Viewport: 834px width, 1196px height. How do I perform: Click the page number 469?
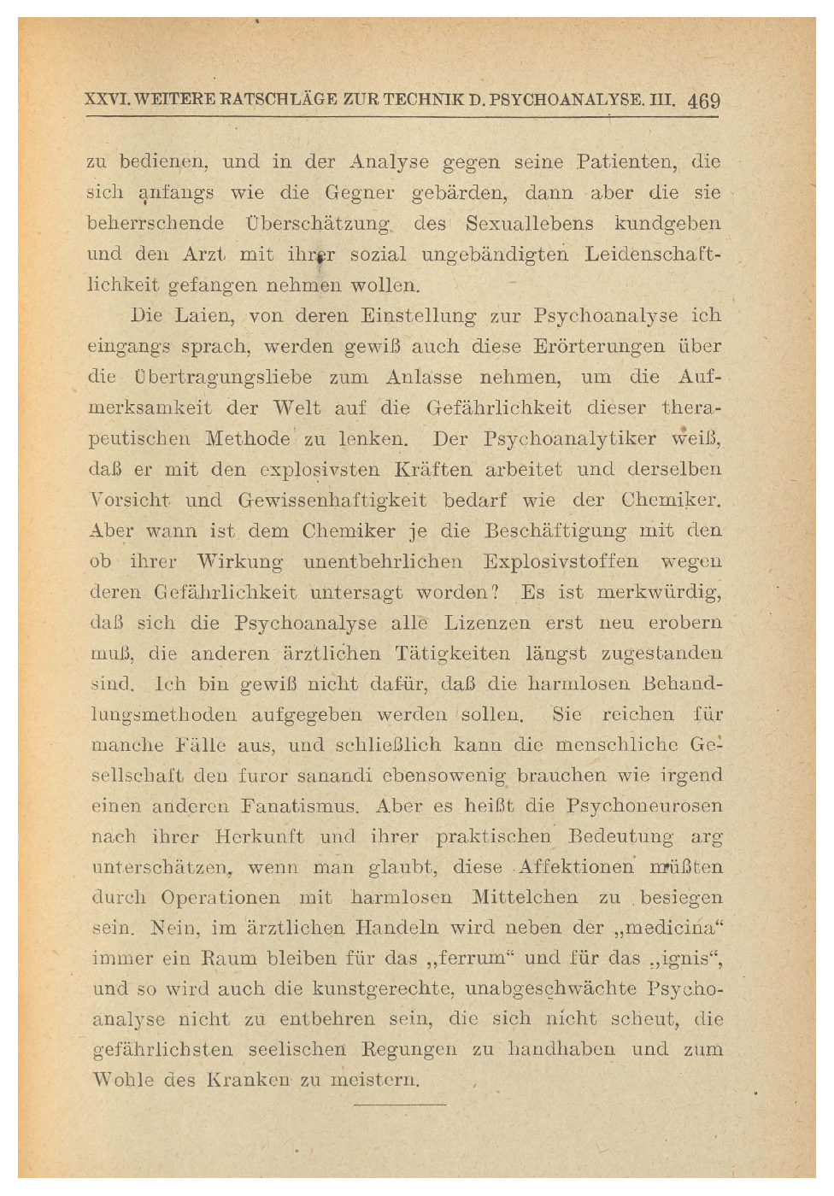coord(703,101)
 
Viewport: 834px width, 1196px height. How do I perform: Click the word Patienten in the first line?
coord(626,162)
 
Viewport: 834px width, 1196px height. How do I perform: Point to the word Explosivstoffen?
coord(561,561)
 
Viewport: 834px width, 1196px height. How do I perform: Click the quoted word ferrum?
coord(464,959)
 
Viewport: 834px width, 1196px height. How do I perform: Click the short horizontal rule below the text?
coord(400,1105)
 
